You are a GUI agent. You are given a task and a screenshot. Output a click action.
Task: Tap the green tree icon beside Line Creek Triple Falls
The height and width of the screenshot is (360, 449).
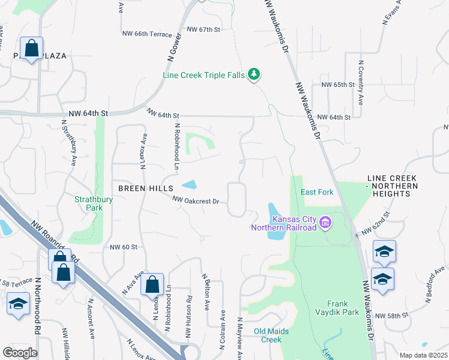point(255,74)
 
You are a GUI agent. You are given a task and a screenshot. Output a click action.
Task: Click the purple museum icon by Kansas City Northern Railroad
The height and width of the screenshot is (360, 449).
point(325,224)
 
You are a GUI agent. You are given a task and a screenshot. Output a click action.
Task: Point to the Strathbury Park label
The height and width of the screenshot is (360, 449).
point(89,203)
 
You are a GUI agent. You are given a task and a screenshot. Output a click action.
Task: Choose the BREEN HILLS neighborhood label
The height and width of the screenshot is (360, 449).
point(145,188)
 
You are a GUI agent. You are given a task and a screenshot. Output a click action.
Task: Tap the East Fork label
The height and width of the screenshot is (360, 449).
point(317,192)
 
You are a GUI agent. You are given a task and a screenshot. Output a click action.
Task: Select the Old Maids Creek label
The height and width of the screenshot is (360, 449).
point(268,335)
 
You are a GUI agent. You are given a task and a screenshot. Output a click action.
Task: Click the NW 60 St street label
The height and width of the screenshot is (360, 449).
point(124,247)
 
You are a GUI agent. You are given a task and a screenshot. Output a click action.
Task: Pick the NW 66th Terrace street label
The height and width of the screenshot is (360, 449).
point(146,34)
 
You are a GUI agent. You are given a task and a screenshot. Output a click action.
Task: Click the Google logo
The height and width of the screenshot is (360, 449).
point(20,352)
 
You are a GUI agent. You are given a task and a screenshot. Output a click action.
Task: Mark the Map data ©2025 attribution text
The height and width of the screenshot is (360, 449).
point(423,355)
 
